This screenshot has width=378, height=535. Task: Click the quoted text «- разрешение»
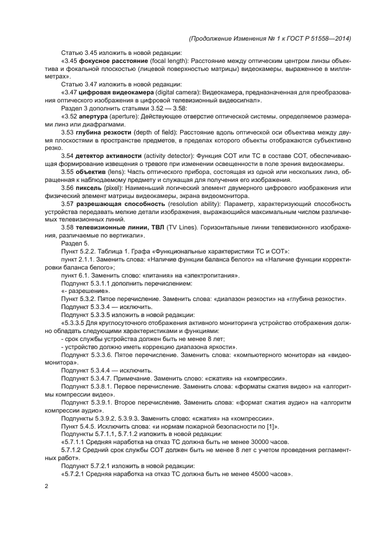(85, 291)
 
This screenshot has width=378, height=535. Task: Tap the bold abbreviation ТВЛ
(155, 228)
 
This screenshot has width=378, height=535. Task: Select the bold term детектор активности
(109, 156)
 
